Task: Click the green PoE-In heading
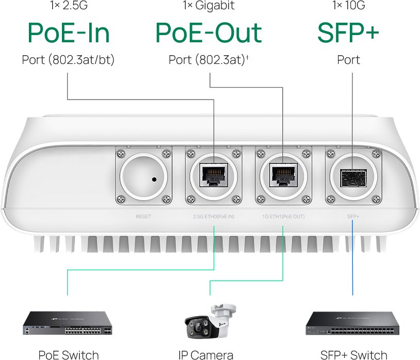68,32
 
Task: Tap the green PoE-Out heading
208,32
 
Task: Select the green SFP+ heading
348,32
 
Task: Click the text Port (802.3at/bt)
68,60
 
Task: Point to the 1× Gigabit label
208,6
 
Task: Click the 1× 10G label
348,6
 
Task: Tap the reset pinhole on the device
154,179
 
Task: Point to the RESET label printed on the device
143,217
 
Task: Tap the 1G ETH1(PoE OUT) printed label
283,217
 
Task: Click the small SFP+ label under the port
353,217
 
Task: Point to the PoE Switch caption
68,354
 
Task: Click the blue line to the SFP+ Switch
353,258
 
